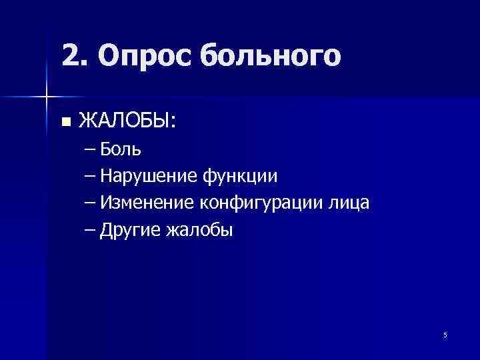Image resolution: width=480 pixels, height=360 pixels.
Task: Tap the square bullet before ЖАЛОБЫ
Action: coord(65,122)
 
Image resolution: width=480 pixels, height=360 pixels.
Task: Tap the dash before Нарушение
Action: coord(91,177)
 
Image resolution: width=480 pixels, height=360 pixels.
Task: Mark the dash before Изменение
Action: coord(91,203)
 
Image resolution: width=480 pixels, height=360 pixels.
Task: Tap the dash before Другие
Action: coord(91,231)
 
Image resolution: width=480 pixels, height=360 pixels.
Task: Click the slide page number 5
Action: coord(445,335)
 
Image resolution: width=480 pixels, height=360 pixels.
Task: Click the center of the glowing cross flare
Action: coord(47,97)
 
